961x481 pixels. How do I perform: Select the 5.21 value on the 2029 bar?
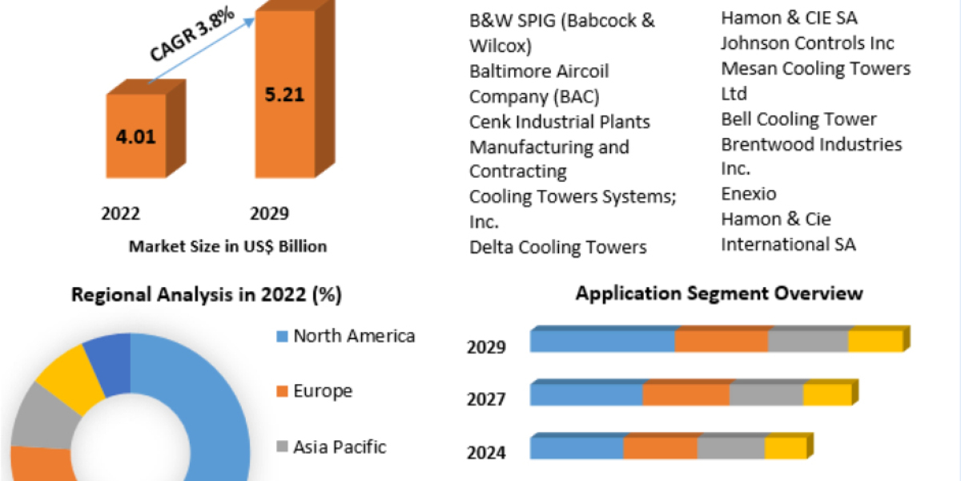[284, 95]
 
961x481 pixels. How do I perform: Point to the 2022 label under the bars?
[121, 214]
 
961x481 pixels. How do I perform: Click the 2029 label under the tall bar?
[270, 214]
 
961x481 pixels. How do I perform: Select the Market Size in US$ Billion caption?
[227, 247]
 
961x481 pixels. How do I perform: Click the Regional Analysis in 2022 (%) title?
[207, 295]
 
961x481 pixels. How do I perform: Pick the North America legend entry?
[354, 336]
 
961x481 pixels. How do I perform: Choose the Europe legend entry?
[322, 391]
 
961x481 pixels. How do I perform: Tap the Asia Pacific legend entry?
[340, 447]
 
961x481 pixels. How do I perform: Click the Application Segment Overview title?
[719, 293]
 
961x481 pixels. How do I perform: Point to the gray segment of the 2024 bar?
[731, 447]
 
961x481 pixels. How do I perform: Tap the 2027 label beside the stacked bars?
[486, 398]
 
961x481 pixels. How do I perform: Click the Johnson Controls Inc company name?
[806, 43]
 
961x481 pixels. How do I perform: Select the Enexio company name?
[748, 194]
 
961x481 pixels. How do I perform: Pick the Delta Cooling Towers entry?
[557, 247]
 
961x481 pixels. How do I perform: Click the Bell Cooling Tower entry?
[798, 119]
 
